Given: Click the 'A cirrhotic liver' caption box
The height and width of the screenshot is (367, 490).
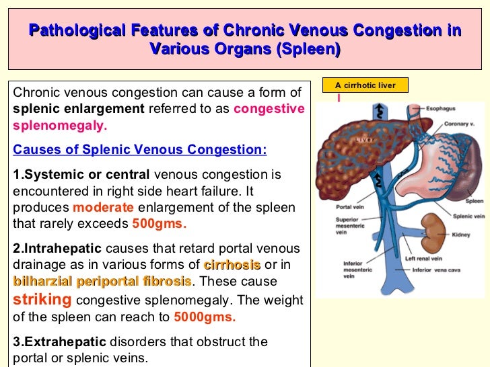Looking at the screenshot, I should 365,85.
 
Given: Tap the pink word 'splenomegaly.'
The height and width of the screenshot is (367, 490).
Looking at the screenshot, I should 60,126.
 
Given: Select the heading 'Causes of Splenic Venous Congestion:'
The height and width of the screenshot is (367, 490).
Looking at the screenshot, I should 139,149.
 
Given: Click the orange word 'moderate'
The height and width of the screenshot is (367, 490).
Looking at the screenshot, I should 103,207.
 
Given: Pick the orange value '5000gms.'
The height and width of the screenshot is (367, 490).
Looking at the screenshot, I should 205,317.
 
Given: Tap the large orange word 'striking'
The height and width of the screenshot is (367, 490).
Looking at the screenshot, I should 42,299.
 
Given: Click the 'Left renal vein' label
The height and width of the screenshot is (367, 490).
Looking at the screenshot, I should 424,259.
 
